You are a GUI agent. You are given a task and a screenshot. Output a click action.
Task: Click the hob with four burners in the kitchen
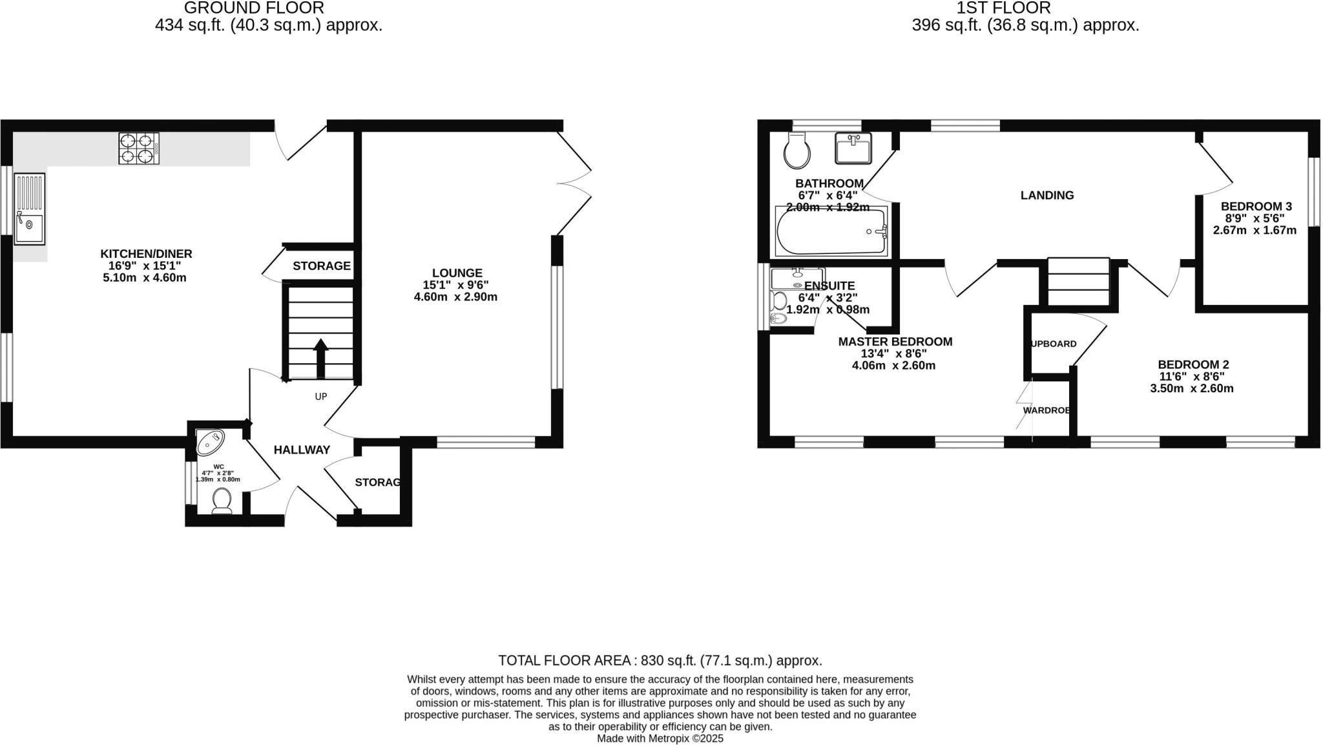[x=139, y=148]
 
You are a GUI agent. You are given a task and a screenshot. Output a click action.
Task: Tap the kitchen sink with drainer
[x=30, y=209]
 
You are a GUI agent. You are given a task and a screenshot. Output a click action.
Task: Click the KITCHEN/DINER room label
[x=146, y=254]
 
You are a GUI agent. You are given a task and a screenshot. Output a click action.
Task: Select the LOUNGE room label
[x=457, y=273]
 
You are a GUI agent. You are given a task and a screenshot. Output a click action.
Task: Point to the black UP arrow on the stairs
[x=320, y=356]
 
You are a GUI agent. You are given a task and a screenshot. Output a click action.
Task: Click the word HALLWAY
[x=302, y=450]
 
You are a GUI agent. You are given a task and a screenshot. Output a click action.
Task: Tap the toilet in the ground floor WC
[x=222, y=501]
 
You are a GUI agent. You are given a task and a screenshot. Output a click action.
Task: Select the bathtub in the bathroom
[x=831, y=232]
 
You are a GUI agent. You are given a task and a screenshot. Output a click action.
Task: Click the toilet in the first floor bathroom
[x=797, y=150]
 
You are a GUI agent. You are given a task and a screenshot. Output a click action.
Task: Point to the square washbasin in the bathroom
[x=853, y=148]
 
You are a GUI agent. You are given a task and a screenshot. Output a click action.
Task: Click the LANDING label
[x=1047, y=195]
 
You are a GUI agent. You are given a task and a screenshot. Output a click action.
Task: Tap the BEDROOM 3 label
[x=1256, y=207]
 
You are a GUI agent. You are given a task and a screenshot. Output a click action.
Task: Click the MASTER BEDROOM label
[x=895, y=342]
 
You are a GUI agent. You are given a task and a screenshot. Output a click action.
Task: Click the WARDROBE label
[x=1046, y=410]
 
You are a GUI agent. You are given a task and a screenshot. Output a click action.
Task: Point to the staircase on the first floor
[x=1078, y=282]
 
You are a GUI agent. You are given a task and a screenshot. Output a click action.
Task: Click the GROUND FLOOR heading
[x=254, y=8]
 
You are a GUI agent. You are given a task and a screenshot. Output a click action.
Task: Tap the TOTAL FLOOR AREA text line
[x=660, y=660]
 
